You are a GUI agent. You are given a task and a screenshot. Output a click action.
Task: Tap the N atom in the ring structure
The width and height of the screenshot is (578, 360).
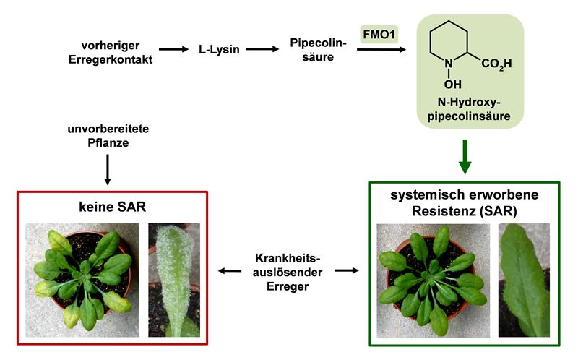point(449,64)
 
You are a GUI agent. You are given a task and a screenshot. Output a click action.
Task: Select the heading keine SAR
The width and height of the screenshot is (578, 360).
point(111,207)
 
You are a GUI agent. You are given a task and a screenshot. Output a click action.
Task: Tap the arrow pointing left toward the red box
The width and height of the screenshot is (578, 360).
point(230,271)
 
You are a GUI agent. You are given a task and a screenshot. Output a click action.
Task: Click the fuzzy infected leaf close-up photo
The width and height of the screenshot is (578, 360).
point(173,280)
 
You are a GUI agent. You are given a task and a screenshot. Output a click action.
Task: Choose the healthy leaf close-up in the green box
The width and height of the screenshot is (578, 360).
point(523,280)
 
